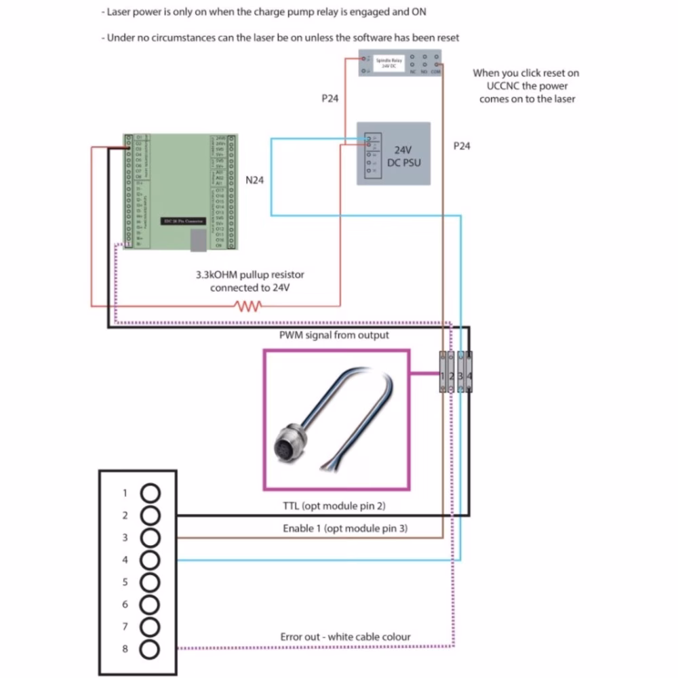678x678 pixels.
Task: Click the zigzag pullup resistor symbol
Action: [x=248, y=306]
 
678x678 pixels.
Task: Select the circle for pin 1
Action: [x=151, y=493]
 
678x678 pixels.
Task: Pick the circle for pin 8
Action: [x=151, y=649]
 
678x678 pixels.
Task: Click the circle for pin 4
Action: [x=151, y=560]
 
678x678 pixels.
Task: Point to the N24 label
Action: [x=255, y=180]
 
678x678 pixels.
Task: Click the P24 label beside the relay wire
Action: [x=330, y=98]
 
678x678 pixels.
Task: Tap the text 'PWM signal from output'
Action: [x=334, y=336]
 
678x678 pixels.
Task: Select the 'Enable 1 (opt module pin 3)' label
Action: [x=344, y=527]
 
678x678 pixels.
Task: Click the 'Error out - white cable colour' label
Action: [x=345, y=637]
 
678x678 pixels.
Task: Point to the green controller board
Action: [x=180, y=189]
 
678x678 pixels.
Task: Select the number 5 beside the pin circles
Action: [x=125, y=582]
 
